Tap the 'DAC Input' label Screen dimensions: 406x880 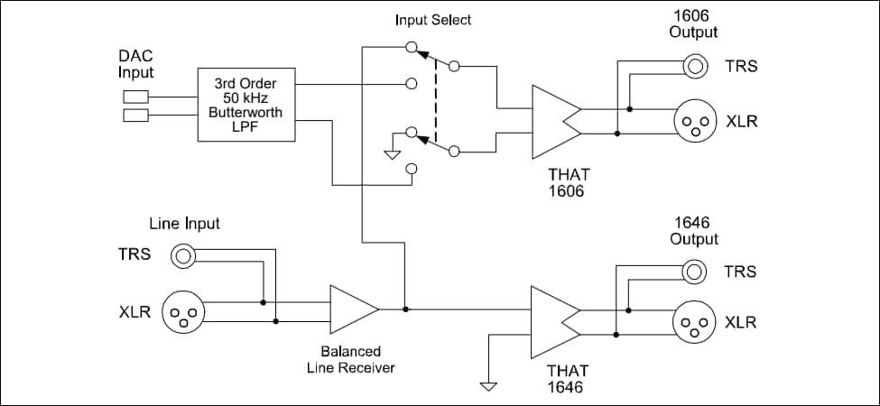click(136, 64)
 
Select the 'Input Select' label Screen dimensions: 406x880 click(433, 20)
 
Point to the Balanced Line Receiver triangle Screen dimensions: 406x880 click(353, 309)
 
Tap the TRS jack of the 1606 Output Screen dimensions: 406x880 click(695, 66)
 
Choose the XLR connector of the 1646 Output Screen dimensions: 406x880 click(695, 322)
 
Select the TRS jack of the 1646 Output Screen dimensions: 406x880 click(695, 270)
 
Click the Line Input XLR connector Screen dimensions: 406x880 click(184, 313)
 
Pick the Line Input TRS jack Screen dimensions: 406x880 click(184, 256)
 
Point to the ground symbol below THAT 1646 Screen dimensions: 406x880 click(489, 386)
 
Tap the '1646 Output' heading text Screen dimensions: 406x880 click(694, 230)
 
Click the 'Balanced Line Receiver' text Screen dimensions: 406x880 click(351, 359)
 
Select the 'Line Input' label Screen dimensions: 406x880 click(184, 223)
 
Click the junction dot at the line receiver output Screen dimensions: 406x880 click(405, 309)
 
